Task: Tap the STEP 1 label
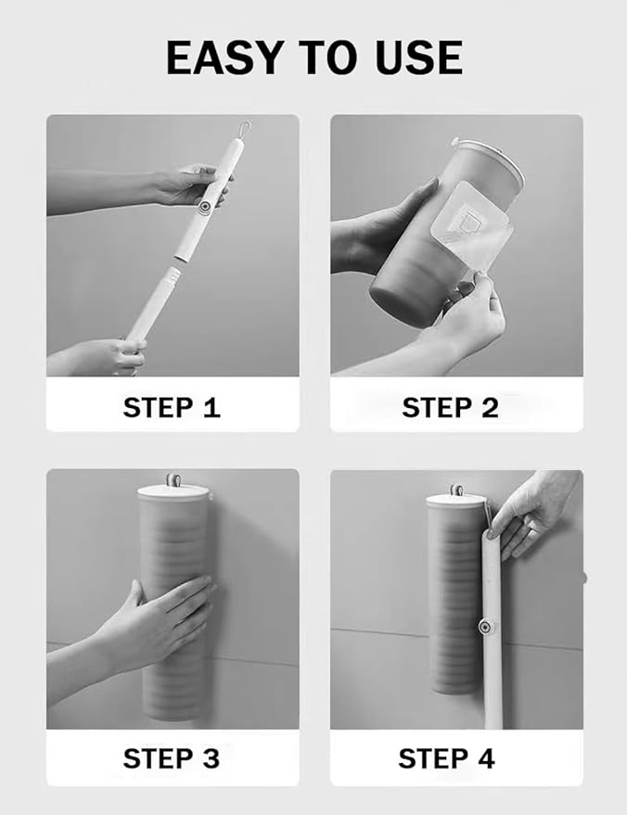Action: click(172, 407)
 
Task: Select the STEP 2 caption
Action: click(450, 407)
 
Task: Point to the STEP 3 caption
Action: click(172, 758)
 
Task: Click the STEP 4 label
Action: click(446, 758)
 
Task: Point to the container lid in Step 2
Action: click(486, 159)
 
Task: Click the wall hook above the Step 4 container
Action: click(457, 489)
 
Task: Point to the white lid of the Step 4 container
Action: click(457, 502)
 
